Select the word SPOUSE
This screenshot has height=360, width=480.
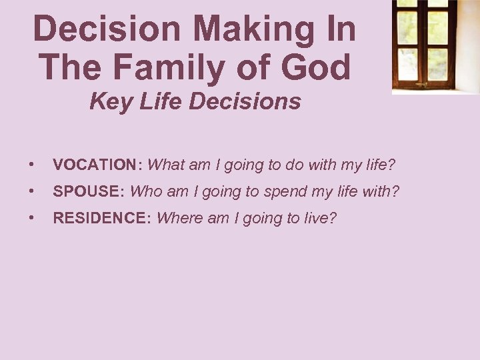tap(88, 191)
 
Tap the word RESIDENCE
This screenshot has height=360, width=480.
tap(102, 219)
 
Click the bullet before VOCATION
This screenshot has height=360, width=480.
tap(32, 165)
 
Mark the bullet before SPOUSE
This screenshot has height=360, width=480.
tap(32, 192)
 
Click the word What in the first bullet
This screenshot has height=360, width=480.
tap(167, 164)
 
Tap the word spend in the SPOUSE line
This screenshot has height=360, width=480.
tap(283, 192)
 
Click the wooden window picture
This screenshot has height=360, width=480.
tap(435, 45)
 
